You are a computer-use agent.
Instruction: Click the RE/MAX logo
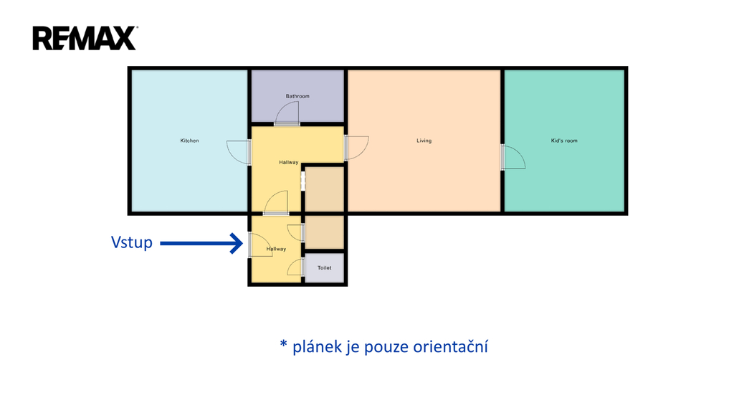pyautogui.click(x=84, y=38)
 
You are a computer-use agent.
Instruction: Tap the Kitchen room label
pyautogui.click(x=189, y=141)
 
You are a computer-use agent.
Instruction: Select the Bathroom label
pyautogui.click(x=297, y=96)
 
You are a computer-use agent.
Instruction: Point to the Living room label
pyautogui.click(x=424, y=141)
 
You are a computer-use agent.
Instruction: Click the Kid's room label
pyautogui.click(x=564, y=141)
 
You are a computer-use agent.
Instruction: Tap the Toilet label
pyautogui.click(x=325, y=267)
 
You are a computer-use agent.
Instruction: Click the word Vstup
pyautogui.click(x=132, y=242)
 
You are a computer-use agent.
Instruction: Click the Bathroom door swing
pyautogui.click(x=287, y=114)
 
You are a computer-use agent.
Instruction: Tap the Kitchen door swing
pyautogui.click(x=238, y=151)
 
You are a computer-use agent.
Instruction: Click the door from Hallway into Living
pyautogui.click(x=356, y=147)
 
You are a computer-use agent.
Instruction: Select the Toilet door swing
pyautogui.click(x=295, y=267)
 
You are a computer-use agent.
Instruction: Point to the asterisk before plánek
pyautogui.click(x=283, y=345)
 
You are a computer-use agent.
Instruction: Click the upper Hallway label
pyautogui.click(x=288, y=163)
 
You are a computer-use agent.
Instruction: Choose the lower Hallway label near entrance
pyautogui.click(x=276, y=249)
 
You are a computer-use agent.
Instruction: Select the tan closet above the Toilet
pyautogui.click(x=325, y=232)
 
